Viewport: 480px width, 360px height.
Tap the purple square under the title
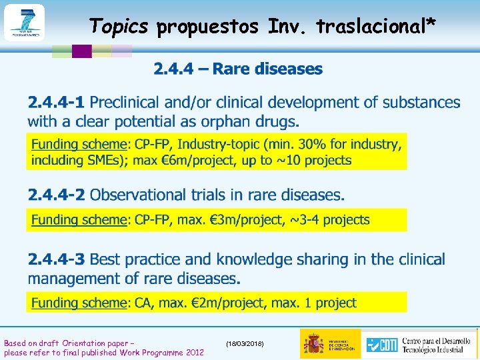[81, 51]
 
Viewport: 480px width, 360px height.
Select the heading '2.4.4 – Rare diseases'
[238, 69]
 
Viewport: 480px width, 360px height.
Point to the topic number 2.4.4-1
[56, 103]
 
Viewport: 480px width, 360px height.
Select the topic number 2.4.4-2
[56, 195]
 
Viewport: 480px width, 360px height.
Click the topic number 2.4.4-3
[56, 259]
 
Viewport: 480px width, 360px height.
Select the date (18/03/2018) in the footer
[245, 343]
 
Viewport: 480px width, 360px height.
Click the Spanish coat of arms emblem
[313, 343]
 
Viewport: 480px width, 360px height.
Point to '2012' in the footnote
[195, 352]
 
